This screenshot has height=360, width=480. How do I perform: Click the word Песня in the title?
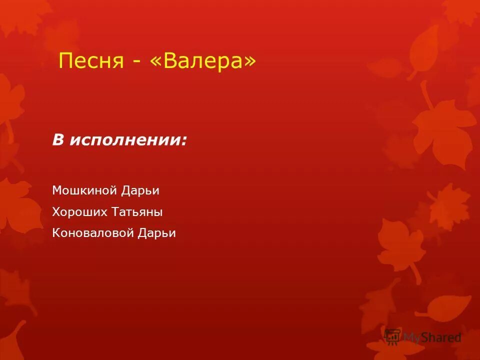coord(91,61)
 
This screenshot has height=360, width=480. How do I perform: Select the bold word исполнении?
coord(125,140)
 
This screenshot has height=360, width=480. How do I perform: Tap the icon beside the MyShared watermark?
coord(393,336)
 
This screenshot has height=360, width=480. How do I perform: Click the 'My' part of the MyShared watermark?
coord(413,338)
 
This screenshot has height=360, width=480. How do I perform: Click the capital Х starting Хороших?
coord(55,212)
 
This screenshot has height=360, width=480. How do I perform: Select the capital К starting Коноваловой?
coord(55,233)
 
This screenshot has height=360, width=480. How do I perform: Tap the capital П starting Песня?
coord(64,61)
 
